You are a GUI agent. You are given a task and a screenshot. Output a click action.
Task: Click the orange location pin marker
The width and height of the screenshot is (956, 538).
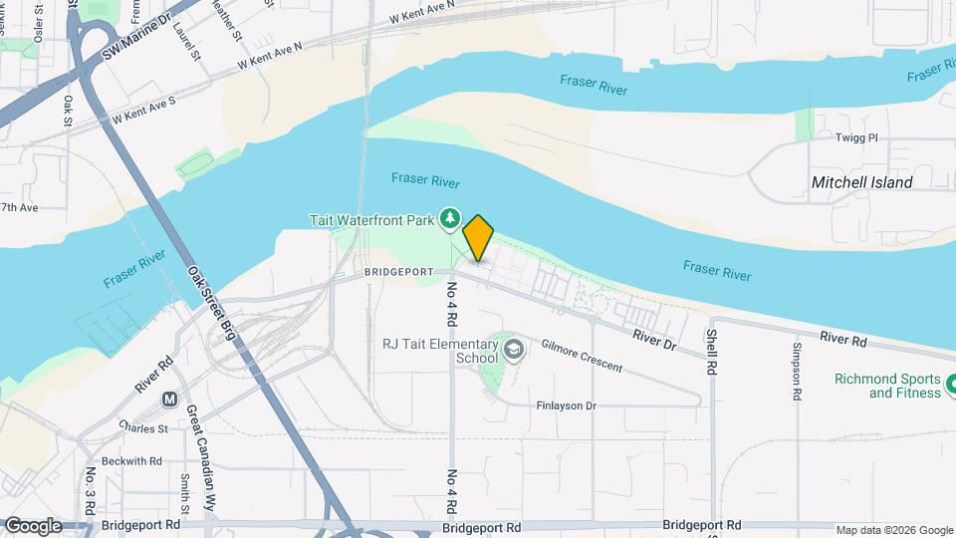click(479, 237)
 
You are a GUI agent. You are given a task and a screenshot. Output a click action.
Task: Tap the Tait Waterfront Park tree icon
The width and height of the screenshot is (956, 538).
click(450, 216)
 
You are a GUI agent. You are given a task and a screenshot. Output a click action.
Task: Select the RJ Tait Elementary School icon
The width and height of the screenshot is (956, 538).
click(514, 350)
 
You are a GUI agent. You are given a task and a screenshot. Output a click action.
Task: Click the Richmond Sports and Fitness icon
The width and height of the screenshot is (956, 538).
click(951, 383)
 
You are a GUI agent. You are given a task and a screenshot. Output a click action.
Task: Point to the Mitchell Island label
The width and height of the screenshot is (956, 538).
click(861, 182)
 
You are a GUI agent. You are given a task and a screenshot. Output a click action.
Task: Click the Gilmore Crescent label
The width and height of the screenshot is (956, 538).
click(582, 356)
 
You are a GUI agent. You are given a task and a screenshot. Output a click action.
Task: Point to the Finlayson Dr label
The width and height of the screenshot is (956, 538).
click(566, 405)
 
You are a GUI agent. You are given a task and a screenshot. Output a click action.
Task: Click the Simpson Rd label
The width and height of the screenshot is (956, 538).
click(797, 371)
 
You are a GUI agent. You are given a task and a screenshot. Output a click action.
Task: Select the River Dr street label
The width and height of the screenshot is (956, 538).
click(654, 340)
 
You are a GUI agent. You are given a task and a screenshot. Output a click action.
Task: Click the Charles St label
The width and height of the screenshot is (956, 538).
click(141, 428)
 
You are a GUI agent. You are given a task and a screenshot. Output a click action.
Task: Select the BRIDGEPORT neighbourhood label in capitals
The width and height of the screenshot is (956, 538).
click(398, 272)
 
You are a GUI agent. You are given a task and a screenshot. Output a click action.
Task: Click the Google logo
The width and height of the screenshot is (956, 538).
click(32, 526)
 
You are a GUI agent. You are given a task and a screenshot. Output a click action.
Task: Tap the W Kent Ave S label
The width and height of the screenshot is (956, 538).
click(143, 110)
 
